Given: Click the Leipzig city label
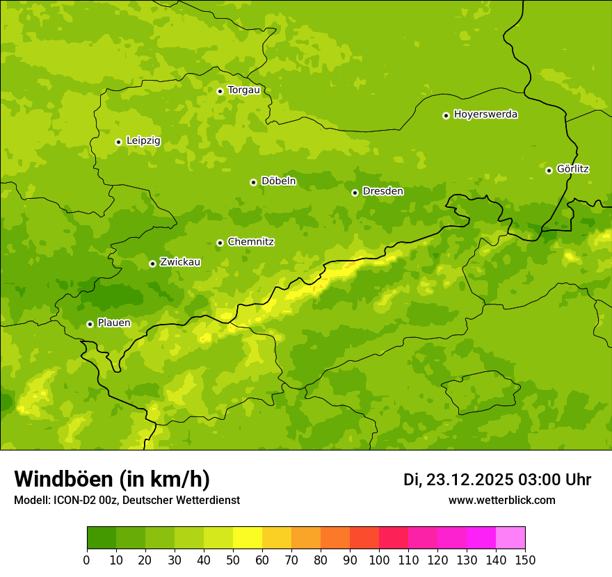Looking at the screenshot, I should pos(143,141).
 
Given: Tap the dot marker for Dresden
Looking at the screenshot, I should pos(355,193).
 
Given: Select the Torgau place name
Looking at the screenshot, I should pos(243,90).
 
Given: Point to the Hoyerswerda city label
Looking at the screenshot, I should pos(485,115).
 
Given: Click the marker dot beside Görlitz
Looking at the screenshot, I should pos(549,170).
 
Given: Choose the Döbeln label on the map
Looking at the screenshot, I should pos(278,181).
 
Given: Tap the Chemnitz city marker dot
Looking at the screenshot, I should pos(220,243).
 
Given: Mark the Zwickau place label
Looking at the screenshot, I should pos(180,263).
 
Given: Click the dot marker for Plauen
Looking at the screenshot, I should pos(90,324).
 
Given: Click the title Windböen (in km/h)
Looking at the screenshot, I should pos(112,480).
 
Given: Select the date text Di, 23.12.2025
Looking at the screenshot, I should pos(458,480).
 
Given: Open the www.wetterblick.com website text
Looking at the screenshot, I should pos(501,501).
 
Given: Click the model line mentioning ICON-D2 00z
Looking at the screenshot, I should pos(127,501).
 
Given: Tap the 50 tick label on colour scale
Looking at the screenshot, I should pos(233,560).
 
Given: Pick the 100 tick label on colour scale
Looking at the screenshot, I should pos(379,560).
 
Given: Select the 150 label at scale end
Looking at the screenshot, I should pos(525,560).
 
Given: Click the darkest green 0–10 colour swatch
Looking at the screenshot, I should pos(102,538).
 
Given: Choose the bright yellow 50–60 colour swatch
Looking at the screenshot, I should pos(248,538).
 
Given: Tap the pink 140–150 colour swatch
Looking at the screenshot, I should pos(510,538).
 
